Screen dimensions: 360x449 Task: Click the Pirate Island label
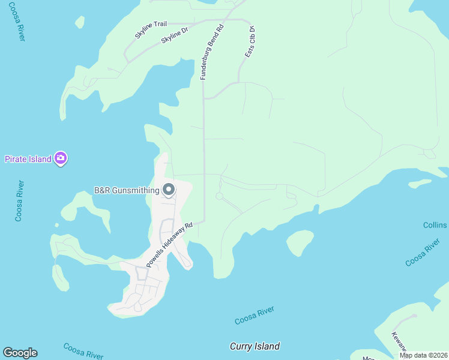coord(28,159)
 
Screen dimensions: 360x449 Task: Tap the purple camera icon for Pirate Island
coord(60,158)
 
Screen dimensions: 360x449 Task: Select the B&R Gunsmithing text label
coord(127,191)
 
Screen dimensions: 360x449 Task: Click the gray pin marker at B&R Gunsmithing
coord(169,190)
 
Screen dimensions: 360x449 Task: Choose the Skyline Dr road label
coord(175,37)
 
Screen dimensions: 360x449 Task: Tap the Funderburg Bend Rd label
coord(212,52)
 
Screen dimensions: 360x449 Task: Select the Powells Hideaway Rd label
coord(170,245)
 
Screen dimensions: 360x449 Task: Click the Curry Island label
coord(255,346)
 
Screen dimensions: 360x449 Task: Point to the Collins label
coord(435,225)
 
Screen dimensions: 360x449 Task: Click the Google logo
coord(20,352)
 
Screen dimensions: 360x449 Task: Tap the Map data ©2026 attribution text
coord(424,355)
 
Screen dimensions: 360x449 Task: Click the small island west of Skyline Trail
coord(80,22)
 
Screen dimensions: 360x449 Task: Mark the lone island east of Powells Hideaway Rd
coord(300,242)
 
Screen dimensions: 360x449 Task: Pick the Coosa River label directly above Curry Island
coord(255,315)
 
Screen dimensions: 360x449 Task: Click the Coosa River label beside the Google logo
coord(83,351)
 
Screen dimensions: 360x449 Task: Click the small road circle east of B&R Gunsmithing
coord(219,196)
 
